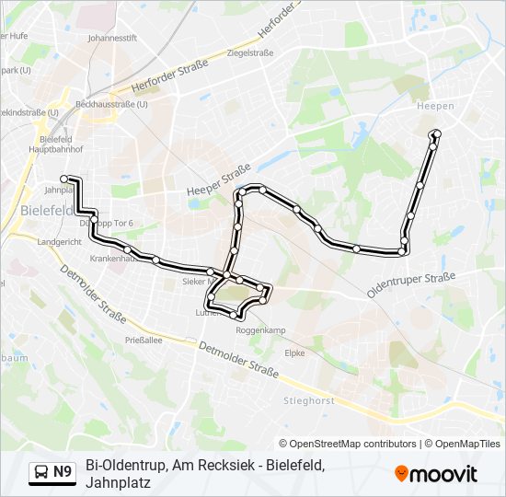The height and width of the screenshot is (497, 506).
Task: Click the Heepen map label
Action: (x=435, y=106)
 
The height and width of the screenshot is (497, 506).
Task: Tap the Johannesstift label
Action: (x=111, y=40)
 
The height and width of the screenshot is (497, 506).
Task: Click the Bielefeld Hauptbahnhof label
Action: (x=55, y=142)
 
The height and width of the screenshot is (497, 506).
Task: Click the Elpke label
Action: (x=294, y=352)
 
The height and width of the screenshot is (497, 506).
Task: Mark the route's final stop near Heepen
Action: (x=436, y=134)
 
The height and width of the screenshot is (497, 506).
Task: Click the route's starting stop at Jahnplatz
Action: (x=64, y=179)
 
